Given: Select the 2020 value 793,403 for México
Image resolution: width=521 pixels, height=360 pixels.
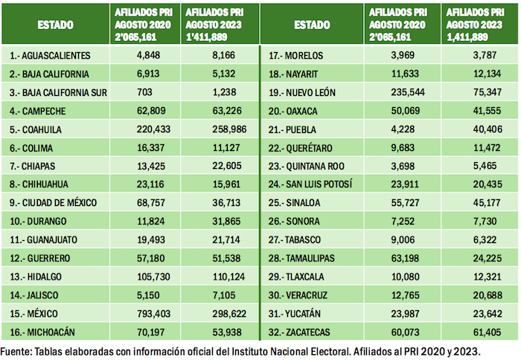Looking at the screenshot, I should (x=139, y=313).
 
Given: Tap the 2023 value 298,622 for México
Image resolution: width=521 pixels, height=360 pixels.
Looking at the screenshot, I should (x=213, y=313).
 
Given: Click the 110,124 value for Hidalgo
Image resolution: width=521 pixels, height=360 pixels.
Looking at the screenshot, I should (x=213, y=277).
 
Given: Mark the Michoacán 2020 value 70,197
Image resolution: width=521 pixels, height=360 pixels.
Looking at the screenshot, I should (x=139, y=331).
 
